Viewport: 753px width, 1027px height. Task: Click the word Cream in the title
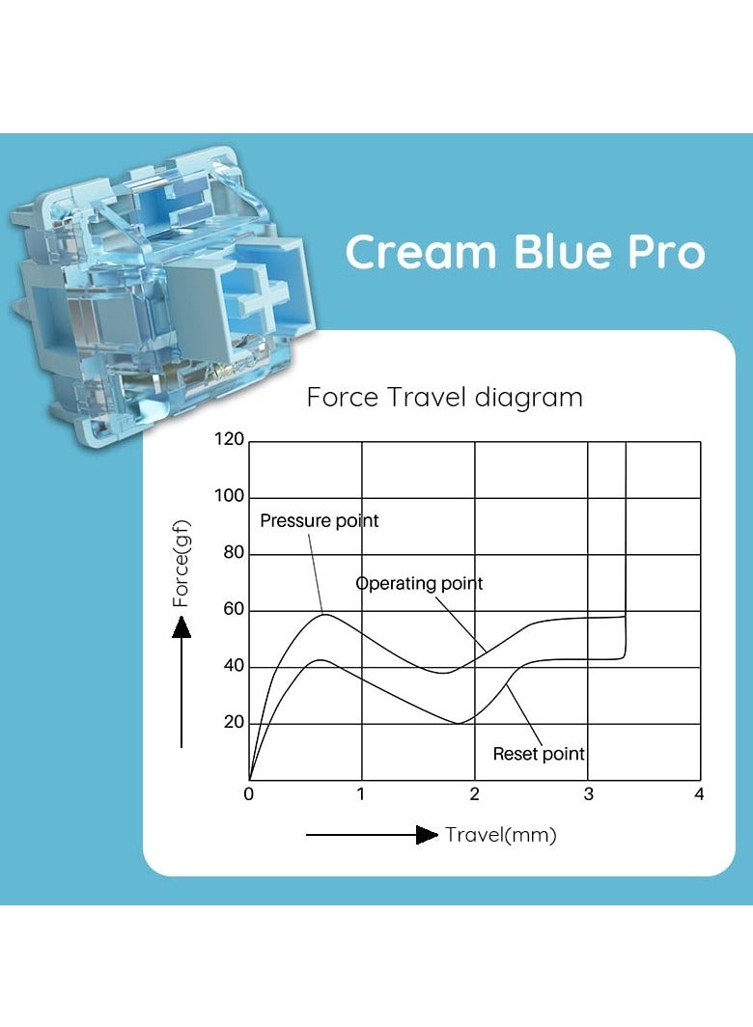[x=420, y=253]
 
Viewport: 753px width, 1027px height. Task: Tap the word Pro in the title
[x=665, y=253]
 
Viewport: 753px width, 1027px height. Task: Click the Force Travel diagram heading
[x=444, y=397]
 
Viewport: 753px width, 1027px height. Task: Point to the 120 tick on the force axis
[x=230, y=440]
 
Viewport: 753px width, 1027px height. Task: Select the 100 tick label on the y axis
[x=230, y=496]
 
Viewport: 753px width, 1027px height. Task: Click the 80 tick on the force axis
[x=234, y=553]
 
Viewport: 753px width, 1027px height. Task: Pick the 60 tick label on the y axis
[x=234, y=609]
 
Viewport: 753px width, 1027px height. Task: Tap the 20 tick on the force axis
[x=234, y=722]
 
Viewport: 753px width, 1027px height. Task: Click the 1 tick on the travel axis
[x=361, y=794]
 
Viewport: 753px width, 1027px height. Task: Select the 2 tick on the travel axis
[x=474, y=794]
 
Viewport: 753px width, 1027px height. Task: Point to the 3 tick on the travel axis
[x=588, y=794]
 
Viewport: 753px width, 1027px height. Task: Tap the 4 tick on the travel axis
[x=699, y=794]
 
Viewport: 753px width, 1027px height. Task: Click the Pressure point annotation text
[x=320, y=521]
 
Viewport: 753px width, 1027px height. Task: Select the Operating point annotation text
[x=419, y=583]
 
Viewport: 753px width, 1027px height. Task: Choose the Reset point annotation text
[x=539, y=754]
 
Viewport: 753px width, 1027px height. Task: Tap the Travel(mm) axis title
[x=500, y=835]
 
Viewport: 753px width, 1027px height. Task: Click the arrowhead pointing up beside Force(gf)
[x=181, y=627]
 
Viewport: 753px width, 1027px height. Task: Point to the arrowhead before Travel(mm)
[x=427, y=835]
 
